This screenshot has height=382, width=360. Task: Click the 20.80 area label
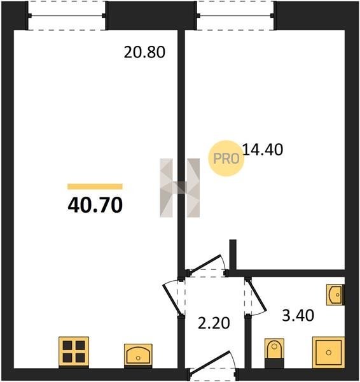[144, 52]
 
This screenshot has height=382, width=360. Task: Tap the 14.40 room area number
[263, 150]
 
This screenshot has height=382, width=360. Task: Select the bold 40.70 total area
[95, 205]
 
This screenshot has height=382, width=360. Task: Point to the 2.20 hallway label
[214, 323]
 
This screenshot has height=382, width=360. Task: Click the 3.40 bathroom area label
[298, 315]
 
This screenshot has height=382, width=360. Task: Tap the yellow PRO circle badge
[226, 159]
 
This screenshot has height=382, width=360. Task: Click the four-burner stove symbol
[74, 351]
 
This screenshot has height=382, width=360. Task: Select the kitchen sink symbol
[138, 355]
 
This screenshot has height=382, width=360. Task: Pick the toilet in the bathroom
[274, 353]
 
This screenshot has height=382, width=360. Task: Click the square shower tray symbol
[329, 352]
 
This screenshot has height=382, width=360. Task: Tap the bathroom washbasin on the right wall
[335, 295]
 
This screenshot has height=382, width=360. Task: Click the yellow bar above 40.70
[95, 187]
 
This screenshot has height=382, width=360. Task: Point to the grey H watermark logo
[179, 188]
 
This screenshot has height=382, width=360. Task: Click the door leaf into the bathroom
[257, 295]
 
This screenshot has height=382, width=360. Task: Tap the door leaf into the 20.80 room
[172, 299]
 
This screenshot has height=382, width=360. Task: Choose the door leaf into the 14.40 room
[205, 265]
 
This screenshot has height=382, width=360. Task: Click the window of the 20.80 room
[66, 16]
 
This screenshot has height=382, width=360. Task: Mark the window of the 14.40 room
[235, 16]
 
